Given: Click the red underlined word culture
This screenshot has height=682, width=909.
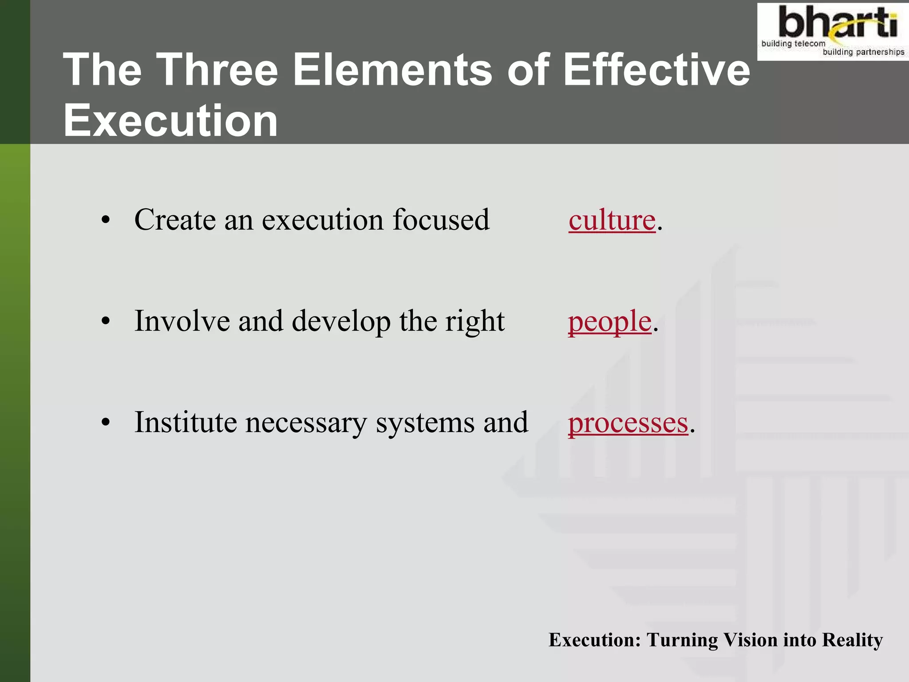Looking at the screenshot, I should (612, 220).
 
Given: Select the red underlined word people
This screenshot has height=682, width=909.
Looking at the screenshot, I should (609, 321).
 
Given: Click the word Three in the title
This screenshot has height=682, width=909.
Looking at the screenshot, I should (217, 70).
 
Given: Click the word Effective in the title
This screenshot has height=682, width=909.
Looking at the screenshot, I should (656, 70).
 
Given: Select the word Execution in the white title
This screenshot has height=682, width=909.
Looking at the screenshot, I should (170, 120).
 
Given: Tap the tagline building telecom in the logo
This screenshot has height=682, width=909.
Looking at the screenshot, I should (793, 44).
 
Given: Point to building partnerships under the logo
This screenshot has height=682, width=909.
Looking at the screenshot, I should (863, 52).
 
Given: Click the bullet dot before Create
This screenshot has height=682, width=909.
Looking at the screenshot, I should (105, 220).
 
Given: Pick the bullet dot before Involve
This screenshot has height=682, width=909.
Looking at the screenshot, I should (105, 321).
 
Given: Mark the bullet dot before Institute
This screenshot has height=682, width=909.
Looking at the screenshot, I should (105, 423).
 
